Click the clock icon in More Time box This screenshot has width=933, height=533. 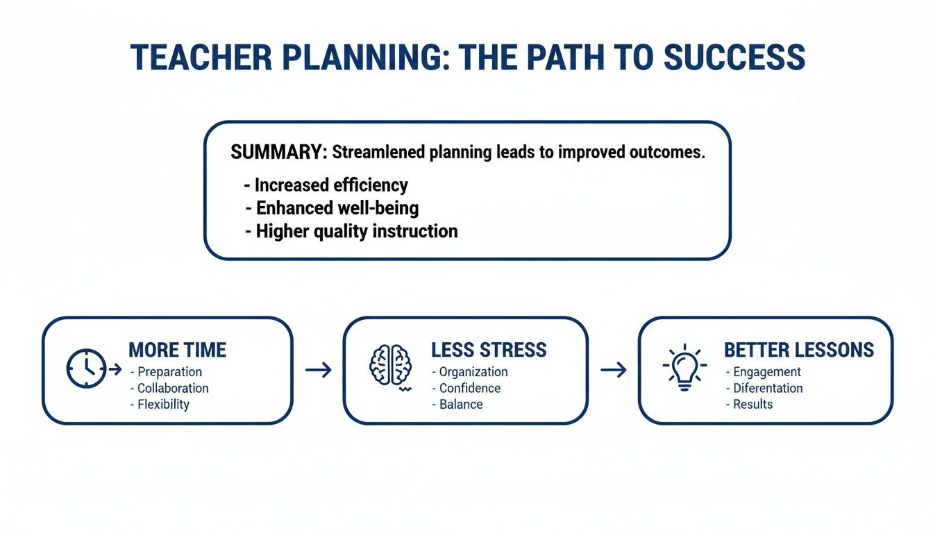(x=87, y=369)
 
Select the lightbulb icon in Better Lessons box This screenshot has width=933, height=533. (x=684, y=366)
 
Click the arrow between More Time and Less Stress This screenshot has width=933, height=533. (x=319, y=370)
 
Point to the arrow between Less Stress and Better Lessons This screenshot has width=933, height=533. (x=613, y=370)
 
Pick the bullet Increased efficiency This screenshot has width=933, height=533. (x=330, y=185)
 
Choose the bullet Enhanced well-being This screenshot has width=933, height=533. (x=337, y=208)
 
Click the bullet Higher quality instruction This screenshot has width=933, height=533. (x=356, y=231)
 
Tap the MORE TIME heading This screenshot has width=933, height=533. (x=178, y=350)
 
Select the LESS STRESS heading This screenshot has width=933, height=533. (x=489, y=350)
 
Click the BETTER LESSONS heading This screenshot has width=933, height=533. (x=798, y=350)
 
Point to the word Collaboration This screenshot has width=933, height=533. (x=173, y=388)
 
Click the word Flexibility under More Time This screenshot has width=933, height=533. (x=163, y=404)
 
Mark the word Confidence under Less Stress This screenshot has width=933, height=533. (x=470, y=388)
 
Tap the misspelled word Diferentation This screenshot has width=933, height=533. (x=768, y=388)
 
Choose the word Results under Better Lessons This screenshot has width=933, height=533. (x=753, y=404)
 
